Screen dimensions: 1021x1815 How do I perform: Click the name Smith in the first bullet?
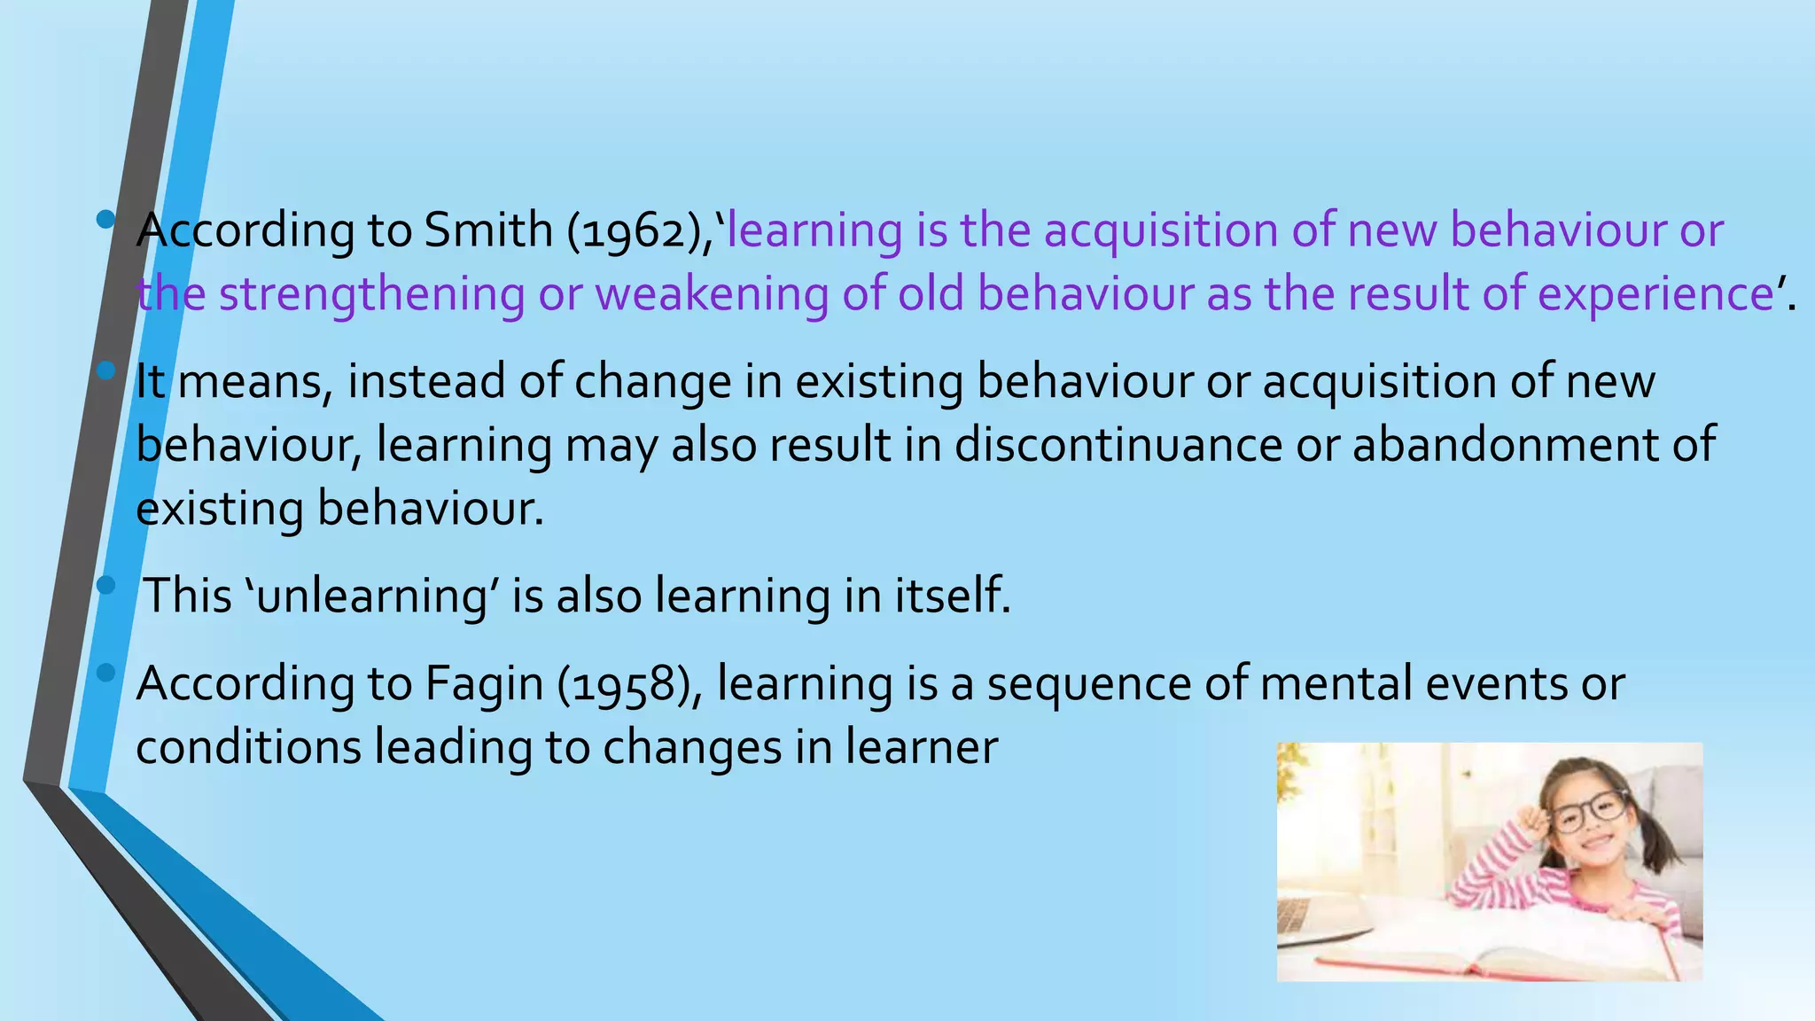tap(488, 230)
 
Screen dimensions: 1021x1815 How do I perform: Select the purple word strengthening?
tap(371, 295)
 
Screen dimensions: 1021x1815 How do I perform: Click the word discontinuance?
tap(1118, 445)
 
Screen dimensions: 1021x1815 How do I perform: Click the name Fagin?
tap(484, 684)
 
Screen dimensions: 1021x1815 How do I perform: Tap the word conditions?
tap(248, 747)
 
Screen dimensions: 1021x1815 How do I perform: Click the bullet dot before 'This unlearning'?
tap(106, 585)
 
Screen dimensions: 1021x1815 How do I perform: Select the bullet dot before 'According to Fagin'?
tap(106, 674)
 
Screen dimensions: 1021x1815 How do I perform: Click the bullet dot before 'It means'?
tap(106, 370)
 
